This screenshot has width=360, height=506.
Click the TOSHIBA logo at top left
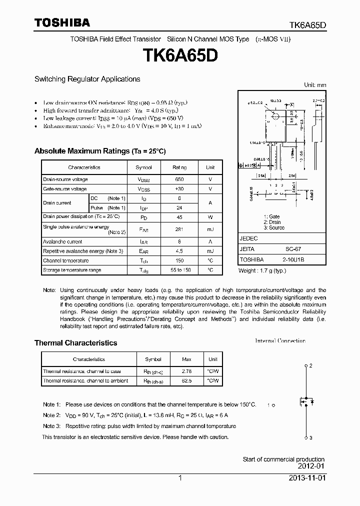tap(62, 22)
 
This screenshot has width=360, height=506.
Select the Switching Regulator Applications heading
tap(87, 79)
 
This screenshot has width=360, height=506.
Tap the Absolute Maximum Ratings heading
tap(99, 151)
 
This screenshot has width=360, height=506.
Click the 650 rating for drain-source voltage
tap(179, 179)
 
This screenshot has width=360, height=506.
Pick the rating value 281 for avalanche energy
tap(179, 229)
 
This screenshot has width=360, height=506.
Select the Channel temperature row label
tap(65, 260)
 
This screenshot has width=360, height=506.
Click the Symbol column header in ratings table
tap(143, 167)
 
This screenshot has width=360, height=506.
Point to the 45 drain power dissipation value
tap(179, 217)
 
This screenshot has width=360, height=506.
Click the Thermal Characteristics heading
tap(75, 343)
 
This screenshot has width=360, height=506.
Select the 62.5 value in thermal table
tap(186, 381)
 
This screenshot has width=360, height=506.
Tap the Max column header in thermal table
tap(186, 359)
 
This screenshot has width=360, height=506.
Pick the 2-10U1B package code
tap(294, 260)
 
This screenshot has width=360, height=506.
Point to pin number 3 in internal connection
tap(310, 438)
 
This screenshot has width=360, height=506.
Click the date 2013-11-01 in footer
tap(307, 478)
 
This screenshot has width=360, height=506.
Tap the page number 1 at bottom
tap(180, 478)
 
